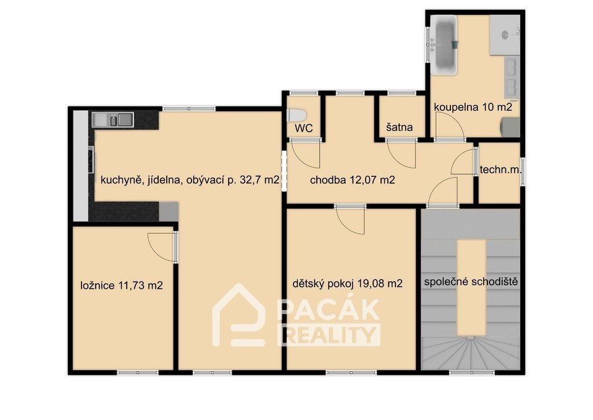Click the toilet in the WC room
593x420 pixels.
(298, 116)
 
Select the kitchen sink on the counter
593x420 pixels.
(113, 119)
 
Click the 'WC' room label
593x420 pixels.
(304, 129)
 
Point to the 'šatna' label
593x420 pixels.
(400, 127)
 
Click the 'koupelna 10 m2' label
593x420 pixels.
(473, 107)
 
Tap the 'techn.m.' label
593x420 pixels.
(501, 169)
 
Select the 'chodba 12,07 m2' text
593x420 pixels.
(352, 180)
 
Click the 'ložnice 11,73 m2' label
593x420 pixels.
(122, 285)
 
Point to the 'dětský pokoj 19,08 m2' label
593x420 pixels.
(347, 283)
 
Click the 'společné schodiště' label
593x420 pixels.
(471, 282)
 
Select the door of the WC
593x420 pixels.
(306, 154)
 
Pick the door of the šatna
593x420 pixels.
(402, 154)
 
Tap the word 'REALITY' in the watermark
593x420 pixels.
(329, 335)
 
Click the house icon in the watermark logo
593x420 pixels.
(238, 315)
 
